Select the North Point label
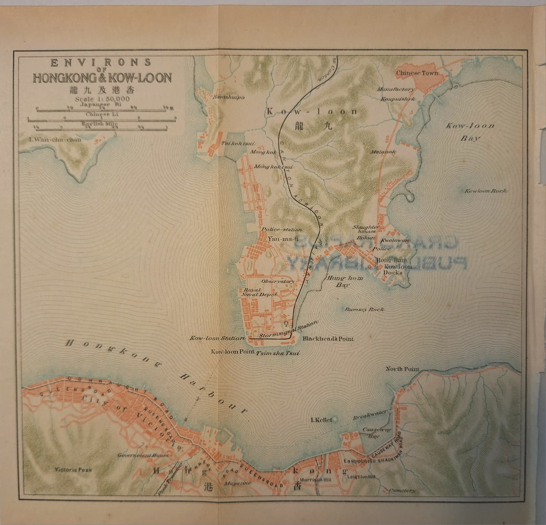point(402,369)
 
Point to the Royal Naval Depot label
point(255,293)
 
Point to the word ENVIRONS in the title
point(101,62)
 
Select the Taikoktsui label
point(234,143)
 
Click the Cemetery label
point(401,491)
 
